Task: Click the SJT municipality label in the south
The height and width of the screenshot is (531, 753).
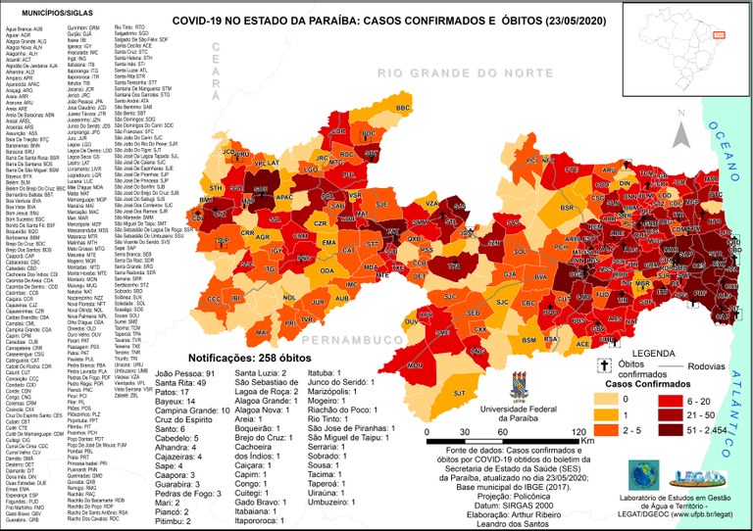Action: tap(458, 365)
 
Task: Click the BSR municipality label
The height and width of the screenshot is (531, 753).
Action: tap(567, 208)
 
